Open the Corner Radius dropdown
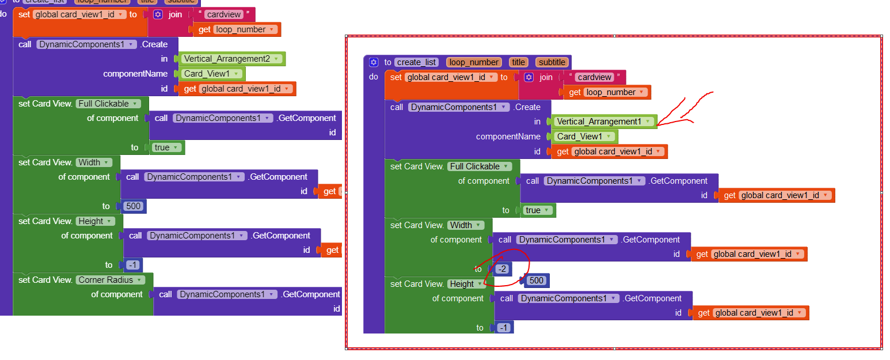[x=110, y=280]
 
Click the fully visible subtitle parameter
[x=552, y=62]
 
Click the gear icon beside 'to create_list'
[x=374, y=62]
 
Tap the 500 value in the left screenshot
[x=133, y=206]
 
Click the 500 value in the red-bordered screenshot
[x=537, y=281]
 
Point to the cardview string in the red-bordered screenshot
[x=595, y=77]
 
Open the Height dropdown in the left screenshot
[x=96, y=221]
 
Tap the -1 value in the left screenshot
[x=132, y=265]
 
